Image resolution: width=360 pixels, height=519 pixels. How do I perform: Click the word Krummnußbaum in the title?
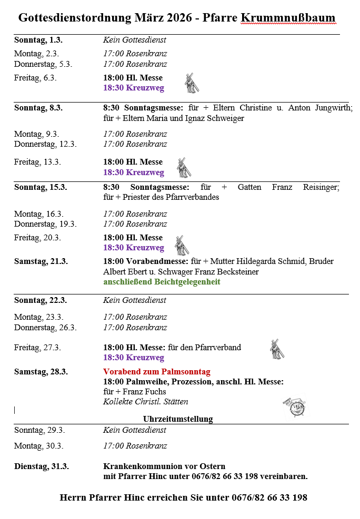288,18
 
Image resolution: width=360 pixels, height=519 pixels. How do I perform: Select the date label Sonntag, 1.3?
38,40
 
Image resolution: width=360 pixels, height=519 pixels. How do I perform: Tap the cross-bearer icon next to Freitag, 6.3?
192,83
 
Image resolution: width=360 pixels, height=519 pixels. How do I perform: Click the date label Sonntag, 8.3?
38,108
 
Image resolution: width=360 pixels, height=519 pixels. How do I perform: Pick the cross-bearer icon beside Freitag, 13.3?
184,167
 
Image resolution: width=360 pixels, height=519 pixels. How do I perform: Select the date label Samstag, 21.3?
41,261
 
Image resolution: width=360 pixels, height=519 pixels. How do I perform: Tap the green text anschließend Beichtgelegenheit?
162,282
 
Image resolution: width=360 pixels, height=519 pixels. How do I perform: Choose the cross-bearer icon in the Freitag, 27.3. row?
276,350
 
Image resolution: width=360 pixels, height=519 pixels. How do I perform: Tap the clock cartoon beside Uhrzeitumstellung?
295,406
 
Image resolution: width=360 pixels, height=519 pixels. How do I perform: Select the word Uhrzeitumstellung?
178,419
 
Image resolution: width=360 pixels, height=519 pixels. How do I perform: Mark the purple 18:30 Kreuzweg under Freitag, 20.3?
134,248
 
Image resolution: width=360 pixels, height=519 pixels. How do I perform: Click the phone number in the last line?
269,497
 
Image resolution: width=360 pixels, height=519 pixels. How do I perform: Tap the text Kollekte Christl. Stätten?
146,402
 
